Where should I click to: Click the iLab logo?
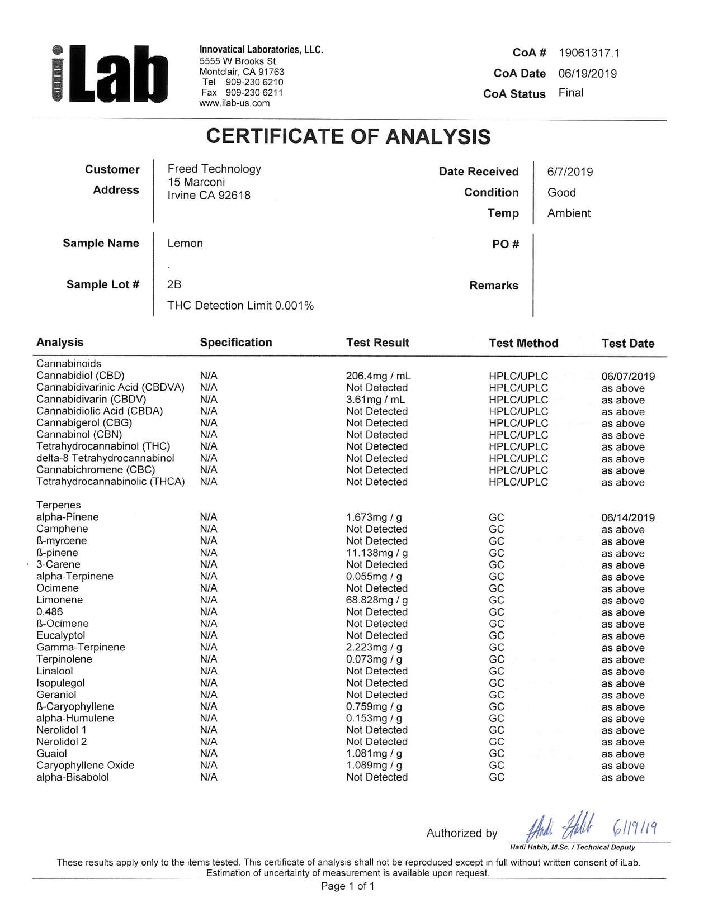tap(109, 74)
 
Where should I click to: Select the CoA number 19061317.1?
tap(589, 53)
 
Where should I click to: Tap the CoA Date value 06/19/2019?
tap(587, 74)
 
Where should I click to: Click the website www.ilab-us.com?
tap(234, 103)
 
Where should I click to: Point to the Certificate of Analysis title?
tap(348, 136)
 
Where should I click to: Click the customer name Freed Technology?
tap(214, 169)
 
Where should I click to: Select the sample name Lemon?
tap(185, 243)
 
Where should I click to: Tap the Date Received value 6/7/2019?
tap(570, 172)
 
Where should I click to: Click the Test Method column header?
tap(523, 343)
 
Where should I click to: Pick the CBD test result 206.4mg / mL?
tap(378, 376)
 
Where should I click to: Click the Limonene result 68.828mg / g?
tap(377, 600)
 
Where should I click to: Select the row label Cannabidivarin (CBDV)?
tap(91, 399)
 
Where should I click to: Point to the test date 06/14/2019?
tap(628, 517)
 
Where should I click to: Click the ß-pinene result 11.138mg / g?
tap(377, 553)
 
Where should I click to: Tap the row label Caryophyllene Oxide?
tap(85, 765)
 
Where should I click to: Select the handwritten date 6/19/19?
tap(635, 826)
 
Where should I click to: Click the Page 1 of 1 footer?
tap(347, 886)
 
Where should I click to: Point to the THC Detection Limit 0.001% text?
tap(240, 306)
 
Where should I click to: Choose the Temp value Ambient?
tap(569, 213)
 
